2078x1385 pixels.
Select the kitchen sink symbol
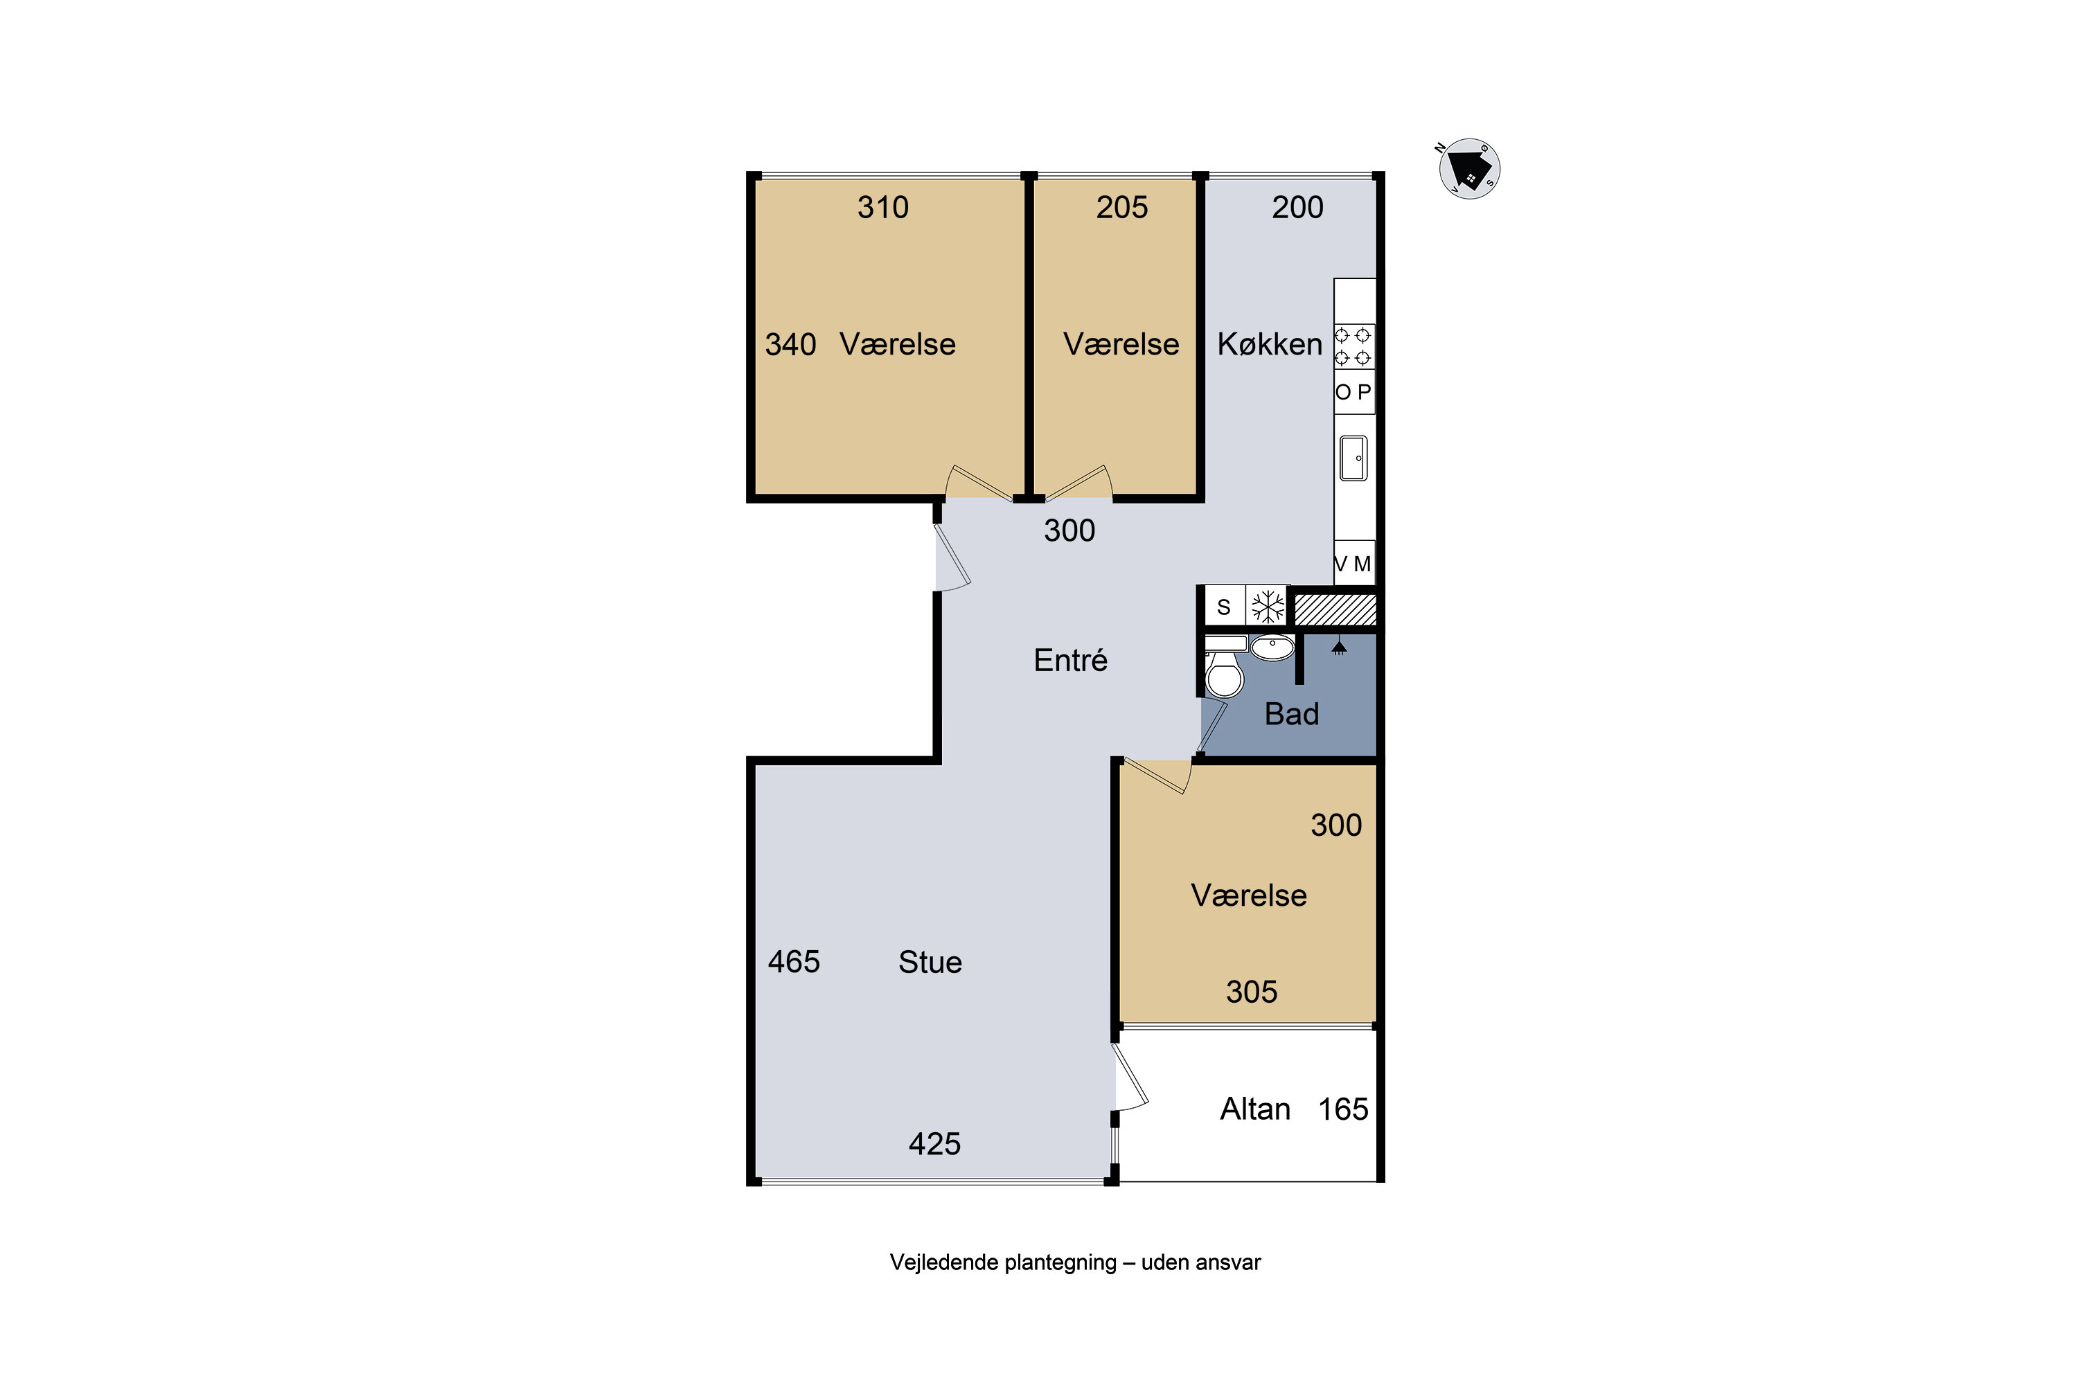(1353, 458)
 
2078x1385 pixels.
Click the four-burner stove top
(1353, 346)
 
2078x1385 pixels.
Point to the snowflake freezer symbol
(1268, 607)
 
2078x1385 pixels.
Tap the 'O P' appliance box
(1353, 391)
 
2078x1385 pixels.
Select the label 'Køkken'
(1270, 343)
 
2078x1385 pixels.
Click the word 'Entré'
(1070, 660)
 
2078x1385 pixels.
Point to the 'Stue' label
(930, 962)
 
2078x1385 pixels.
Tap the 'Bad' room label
(1292, 714)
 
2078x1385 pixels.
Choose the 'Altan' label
(1254, 1109)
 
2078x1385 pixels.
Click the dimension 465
(793, 961)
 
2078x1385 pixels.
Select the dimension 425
(934, 1144)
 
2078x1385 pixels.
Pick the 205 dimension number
(1121, 206)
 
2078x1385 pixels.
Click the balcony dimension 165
(1343, 1109)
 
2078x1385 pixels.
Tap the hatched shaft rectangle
(1335, 609)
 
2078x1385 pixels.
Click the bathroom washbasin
(1272, 647)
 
